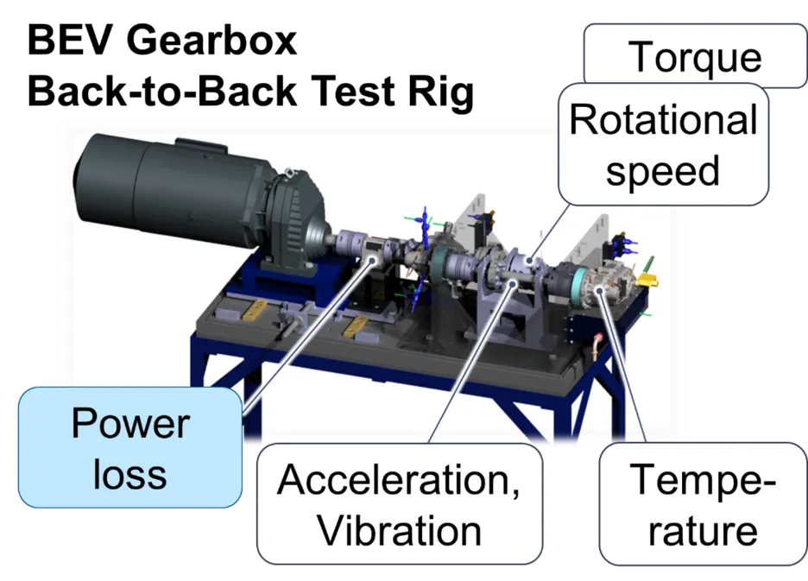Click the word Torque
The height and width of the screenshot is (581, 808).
pos(696,58)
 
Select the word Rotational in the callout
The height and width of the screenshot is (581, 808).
pos(663,121)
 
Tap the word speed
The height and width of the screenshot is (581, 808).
pos(662,170)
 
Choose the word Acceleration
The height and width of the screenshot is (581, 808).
pos(398,480)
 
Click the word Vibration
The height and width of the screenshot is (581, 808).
pos(399,529)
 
